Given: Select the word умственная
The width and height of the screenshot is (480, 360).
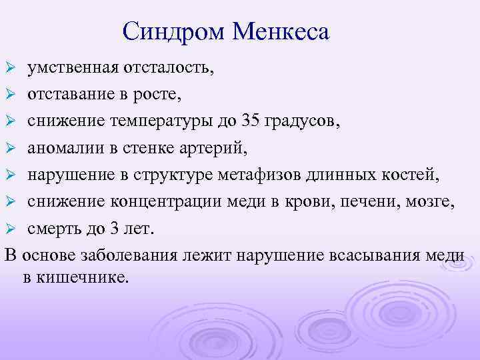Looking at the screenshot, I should tap(73, 68).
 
